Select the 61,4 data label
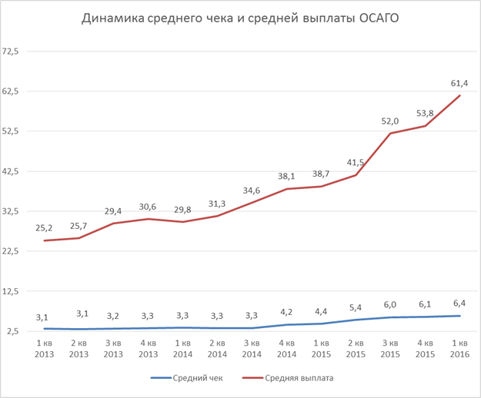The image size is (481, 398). [460, 82]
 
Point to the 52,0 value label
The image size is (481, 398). [391, 121]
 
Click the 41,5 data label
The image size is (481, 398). [356, 163]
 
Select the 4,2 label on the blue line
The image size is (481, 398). [287, 313]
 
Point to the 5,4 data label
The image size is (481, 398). [356, 307]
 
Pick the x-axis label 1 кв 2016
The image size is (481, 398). [460, 348]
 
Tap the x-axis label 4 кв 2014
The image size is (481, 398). [287, 348]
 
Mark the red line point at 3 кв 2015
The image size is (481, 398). [391, 133]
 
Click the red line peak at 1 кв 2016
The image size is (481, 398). [460, 95]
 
